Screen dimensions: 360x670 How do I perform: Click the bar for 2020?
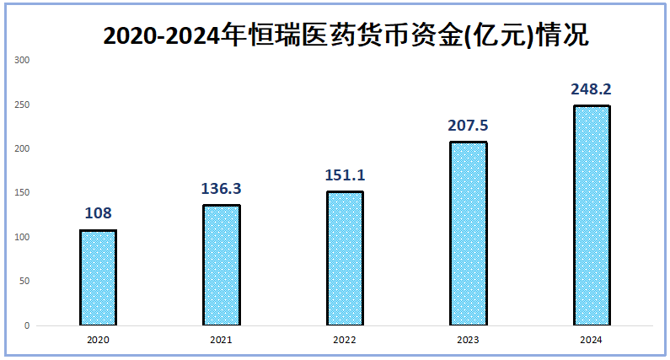coord(98,277)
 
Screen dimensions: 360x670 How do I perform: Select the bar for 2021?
coord(221,265)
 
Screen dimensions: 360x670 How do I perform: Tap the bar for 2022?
coord(345,258)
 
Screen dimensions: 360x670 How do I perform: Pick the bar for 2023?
coord(468,233)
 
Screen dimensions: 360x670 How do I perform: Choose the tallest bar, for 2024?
coord(591,215)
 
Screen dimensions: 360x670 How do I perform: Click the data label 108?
coord(98,212)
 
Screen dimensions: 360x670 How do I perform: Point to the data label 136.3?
coord(221,188)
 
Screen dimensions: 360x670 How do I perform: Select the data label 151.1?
coord(345,175)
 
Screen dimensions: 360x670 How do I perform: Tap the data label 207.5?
coord(468,126)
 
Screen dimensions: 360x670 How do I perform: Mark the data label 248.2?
coord(591,89)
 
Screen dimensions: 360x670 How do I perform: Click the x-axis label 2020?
coord(98,340)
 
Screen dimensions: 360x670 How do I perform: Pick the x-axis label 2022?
coord(345,340)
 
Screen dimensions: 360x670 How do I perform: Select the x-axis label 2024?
coord(591,340)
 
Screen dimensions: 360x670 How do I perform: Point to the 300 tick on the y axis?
coord(23,61)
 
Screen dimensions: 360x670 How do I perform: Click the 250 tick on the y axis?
coord(23,105)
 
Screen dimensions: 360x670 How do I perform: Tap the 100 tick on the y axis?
coord(23,238)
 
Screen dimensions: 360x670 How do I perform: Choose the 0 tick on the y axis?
coord(27,325)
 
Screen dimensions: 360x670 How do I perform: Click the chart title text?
coord(344,35)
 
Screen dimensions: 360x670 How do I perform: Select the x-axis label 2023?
coord(468,340)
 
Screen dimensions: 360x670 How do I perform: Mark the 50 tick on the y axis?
coord(24,282)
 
